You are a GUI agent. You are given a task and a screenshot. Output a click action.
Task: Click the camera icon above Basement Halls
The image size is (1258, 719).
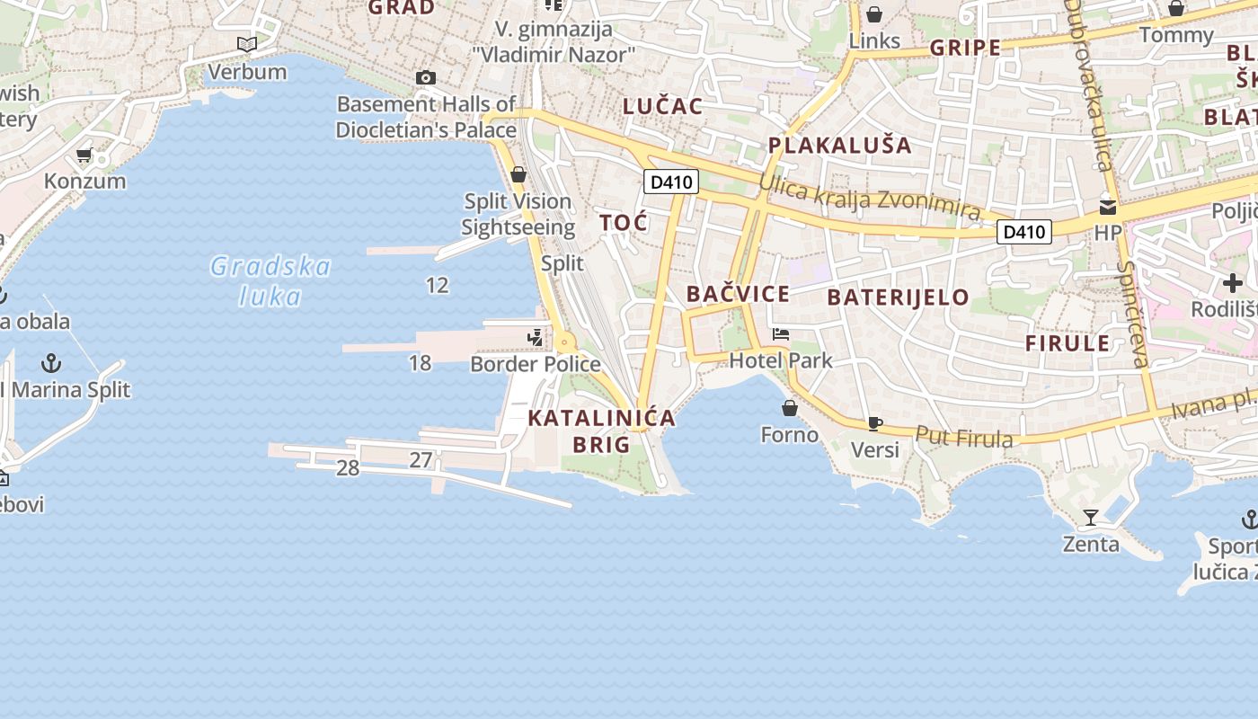coord(426,78)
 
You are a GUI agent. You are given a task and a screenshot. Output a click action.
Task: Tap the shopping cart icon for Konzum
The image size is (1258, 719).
coord(84,155)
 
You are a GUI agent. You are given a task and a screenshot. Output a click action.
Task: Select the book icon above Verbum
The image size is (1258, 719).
coord(246,44)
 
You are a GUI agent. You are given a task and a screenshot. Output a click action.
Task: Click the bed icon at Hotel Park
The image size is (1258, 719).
coord(781,335)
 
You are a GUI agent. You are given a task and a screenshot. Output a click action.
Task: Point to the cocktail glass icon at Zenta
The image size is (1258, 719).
coord(1091,518)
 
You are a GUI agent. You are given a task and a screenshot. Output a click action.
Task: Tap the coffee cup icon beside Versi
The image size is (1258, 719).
coord(875,423)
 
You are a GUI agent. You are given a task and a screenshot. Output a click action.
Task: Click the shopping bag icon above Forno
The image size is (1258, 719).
coord(790,409)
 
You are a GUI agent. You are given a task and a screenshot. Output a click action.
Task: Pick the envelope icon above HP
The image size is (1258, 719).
coord(1108,208)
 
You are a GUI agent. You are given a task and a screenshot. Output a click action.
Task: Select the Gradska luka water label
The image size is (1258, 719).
coord(270,280)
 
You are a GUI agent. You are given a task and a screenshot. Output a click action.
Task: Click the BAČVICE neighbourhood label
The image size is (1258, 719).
coord(738,294)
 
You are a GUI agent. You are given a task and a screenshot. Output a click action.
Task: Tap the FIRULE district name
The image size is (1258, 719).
coord(1068,343)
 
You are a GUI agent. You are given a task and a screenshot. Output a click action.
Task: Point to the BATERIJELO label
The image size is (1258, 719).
coord(898,297)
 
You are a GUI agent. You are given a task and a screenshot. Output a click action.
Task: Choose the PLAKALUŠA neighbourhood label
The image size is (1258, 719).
coord(839,146)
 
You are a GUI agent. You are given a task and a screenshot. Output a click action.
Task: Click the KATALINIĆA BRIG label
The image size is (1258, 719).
coord(601,431)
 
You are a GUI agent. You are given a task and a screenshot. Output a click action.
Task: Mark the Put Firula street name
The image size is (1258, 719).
coord(964,437)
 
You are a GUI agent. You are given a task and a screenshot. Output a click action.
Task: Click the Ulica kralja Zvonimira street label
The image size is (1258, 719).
coord(869,196)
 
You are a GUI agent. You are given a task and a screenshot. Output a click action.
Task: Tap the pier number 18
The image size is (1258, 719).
coord(420,363)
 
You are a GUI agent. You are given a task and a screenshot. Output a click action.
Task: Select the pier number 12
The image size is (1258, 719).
coord(437,286)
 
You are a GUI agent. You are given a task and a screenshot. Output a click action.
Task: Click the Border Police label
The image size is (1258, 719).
coord(536,364)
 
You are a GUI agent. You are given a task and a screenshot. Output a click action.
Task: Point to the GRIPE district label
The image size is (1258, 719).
coord(965,49)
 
